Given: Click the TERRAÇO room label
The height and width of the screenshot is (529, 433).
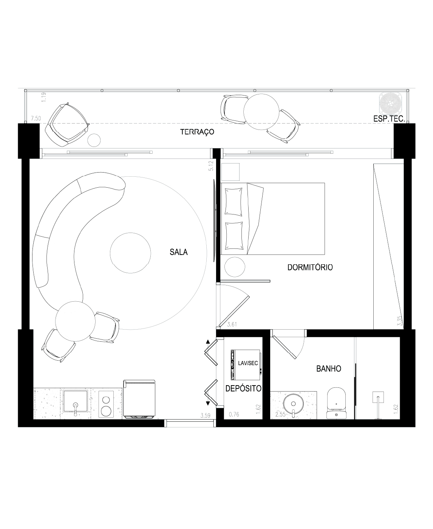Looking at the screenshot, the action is coord(197,132).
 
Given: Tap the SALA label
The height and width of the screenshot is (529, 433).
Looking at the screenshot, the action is coord(178,252).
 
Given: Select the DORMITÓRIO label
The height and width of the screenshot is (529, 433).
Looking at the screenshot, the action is coord(310,267).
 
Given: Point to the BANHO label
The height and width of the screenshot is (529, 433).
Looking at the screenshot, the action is coord(329,369).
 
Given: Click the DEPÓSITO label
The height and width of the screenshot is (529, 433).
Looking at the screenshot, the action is coord(243,389).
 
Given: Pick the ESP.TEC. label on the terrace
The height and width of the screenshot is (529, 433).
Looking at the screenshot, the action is coord(389,119).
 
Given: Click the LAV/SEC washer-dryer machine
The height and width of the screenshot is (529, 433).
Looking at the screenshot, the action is coord(246,365).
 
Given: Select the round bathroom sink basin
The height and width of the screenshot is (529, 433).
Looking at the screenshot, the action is coord(293,404).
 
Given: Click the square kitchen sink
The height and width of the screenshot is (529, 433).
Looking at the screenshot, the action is coord(76,401).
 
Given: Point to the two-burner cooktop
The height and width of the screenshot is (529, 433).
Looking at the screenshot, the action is coord(106,404).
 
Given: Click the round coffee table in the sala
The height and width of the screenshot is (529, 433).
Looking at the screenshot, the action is coord(130,253).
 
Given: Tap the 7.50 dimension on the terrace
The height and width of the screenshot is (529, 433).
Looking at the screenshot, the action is coord(36,119).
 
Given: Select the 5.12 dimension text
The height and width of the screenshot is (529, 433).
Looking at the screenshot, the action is coord(211,166).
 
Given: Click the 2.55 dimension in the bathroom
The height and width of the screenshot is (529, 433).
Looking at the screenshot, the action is coord(280,415).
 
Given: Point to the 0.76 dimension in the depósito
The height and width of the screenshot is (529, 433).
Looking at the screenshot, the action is coord(234,415).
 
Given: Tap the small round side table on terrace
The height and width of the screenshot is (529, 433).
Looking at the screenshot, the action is coord(94,140).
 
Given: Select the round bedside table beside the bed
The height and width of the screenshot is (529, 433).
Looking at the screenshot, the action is coord(235,267).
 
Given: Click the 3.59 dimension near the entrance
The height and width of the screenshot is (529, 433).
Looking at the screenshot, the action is coord(205,416).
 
